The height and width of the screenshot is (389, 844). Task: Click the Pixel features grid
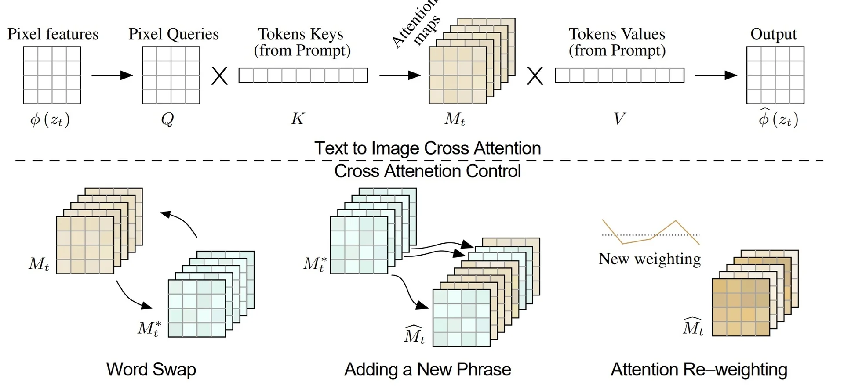(x=52, y=75)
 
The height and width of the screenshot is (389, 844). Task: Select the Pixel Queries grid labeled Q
(x=171, y=75)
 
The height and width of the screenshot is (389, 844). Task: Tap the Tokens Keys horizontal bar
(x=303, y=76)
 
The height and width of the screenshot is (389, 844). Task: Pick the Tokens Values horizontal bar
(x=619, y=76)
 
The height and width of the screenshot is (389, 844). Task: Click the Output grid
(x=775, y=75)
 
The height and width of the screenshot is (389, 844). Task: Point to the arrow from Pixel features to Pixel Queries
(x=112, y=75)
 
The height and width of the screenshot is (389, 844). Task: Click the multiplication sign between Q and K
(x=220, y=76)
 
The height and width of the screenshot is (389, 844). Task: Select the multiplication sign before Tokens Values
(x=535, y=76)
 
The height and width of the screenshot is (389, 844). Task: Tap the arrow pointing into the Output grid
(x=716, y=75)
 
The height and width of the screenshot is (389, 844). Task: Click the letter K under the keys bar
(x=298, y=119)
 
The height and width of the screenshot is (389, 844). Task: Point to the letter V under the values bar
(x=619, y=119)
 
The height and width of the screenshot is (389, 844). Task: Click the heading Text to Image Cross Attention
(x=427, y=148)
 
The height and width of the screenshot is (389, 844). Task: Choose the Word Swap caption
(x=151, y=370)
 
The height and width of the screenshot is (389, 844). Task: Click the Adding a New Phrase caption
(x=428, y=370)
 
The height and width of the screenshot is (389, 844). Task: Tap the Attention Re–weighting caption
(x=699, y=370)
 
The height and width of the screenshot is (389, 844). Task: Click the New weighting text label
(x=650, y=259)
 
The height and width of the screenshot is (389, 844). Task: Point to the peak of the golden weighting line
(x=675, y=221)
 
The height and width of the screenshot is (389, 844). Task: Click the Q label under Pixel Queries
(x=167, y=119)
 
